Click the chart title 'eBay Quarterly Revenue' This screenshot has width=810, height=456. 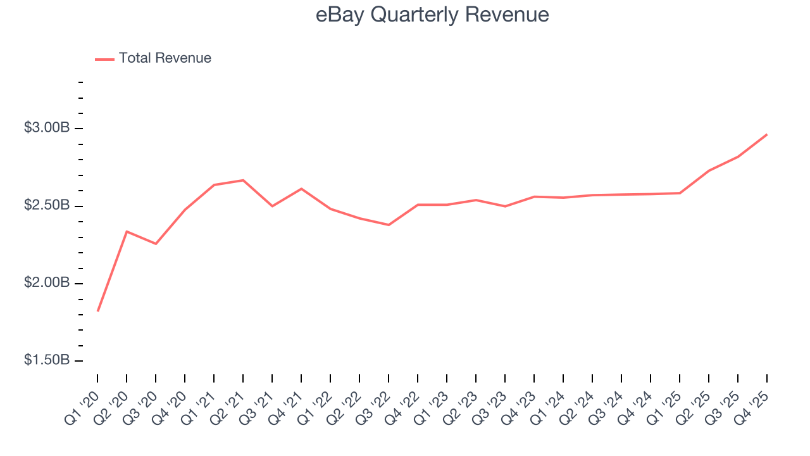[x=432, y=15]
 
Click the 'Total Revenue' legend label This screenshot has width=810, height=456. [x=165, y=58]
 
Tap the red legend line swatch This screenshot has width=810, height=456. [x=104, y=59]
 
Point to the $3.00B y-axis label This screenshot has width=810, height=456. [x=47, y=128]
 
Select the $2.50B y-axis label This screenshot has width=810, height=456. [x=47, y=206]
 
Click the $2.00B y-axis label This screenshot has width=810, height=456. [x=47, y=282]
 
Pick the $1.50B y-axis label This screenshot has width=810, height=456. [x=47, y=360]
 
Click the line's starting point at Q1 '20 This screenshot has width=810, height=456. [x=97, y=311]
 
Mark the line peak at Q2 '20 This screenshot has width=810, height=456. [x=127, y=231]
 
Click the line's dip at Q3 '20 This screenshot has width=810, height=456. [x=156, y=244]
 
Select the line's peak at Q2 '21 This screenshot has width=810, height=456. [x=243, y=180]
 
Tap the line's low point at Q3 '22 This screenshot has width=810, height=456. [x=389, y=225]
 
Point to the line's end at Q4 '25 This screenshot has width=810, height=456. [x=767, y=134]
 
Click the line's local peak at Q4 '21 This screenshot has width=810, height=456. [x=301, y=189]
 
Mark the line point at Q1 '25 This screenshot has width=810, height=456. [x=680, y=193]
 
